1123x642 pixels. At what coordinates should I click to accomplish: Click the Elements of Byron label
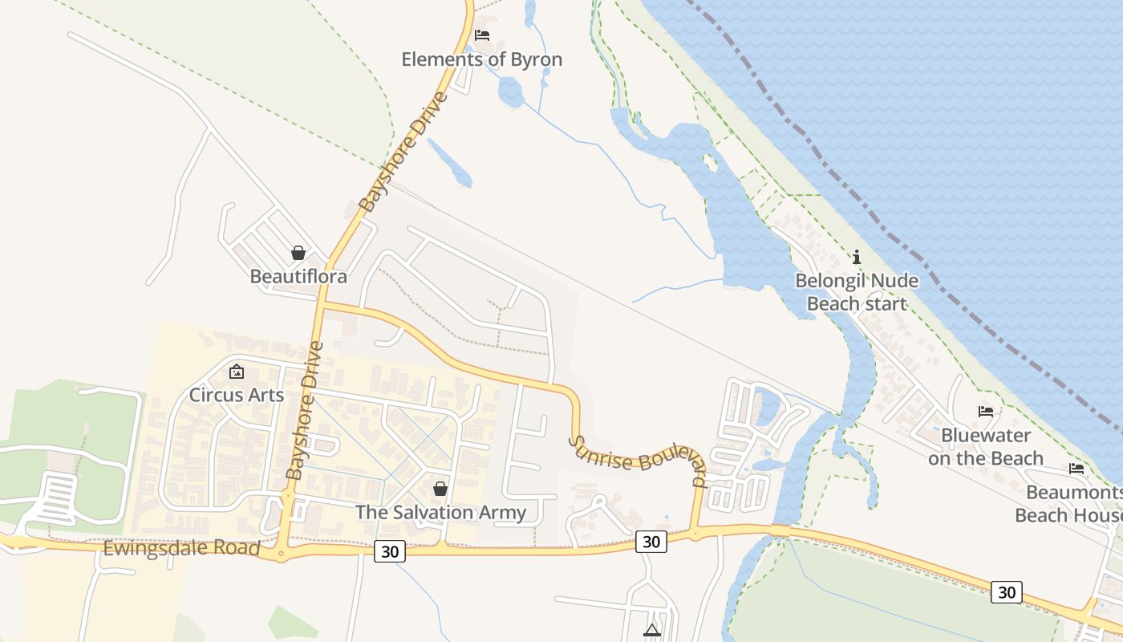pyautogui.click(x=481, y=59)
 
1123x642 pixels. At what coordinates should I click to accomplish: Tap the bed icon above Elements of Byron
pyautogui.click(x=482, y=35)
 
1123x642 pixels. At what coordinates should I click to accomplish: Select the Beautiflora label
pyautogui.click(x=298, y=277)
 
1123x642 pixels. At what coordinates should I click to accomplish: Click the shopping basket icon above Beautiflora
pyautogui.click(x=298, y=253)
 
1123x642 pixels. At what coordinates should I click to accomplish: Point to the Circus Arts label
pyautogui.click(x=237, y=395)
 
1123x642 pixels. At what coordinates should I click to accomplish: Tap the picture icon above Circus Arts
pyautogui.click(x=237, y=372)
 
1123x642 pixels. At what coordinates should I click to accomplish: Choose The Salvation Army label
pyautogui.click(x=440, y=512)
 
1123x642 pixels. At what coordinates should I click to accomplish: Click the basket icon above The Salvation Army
pyautogui.click(x=440, y=488)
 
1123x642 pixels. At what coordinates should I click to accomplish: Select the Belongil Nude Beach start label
pyautogui.click(x=857, y=292)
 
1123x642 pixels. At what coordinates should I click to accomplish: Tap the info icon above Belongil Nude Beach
pyautogui.click(x=857, y=257)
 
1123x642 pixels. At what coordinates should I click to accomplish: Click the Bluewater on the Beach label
pyautogui.click(x=986, y=447)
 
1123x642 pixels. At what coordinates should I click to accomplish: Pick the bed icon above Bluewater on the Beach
pyautogui.click(x=986, y=412)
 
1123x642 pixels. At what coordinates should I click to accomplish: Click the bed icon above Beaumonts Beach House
pyautogui.click(x=1076, y=468)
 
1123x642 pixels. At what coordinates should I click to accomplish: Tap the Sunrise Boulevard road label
pyautogui.click(x=639, y=462)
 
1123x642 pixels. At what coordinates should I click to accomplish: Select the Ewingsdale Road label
pyautogui.click(x=182, y=549)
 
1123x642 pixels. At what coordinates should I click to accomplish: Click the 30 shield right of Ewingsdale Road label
pyautogui.click(x=390, y=551)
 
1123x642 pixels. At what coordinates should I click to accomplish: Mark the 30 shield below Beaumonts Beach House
pyautogui.click(x=1007, y=592)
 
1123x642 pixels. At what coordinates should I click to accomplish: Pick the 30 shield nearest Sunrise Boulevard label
pyautogui.click(x=651, y=542)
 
